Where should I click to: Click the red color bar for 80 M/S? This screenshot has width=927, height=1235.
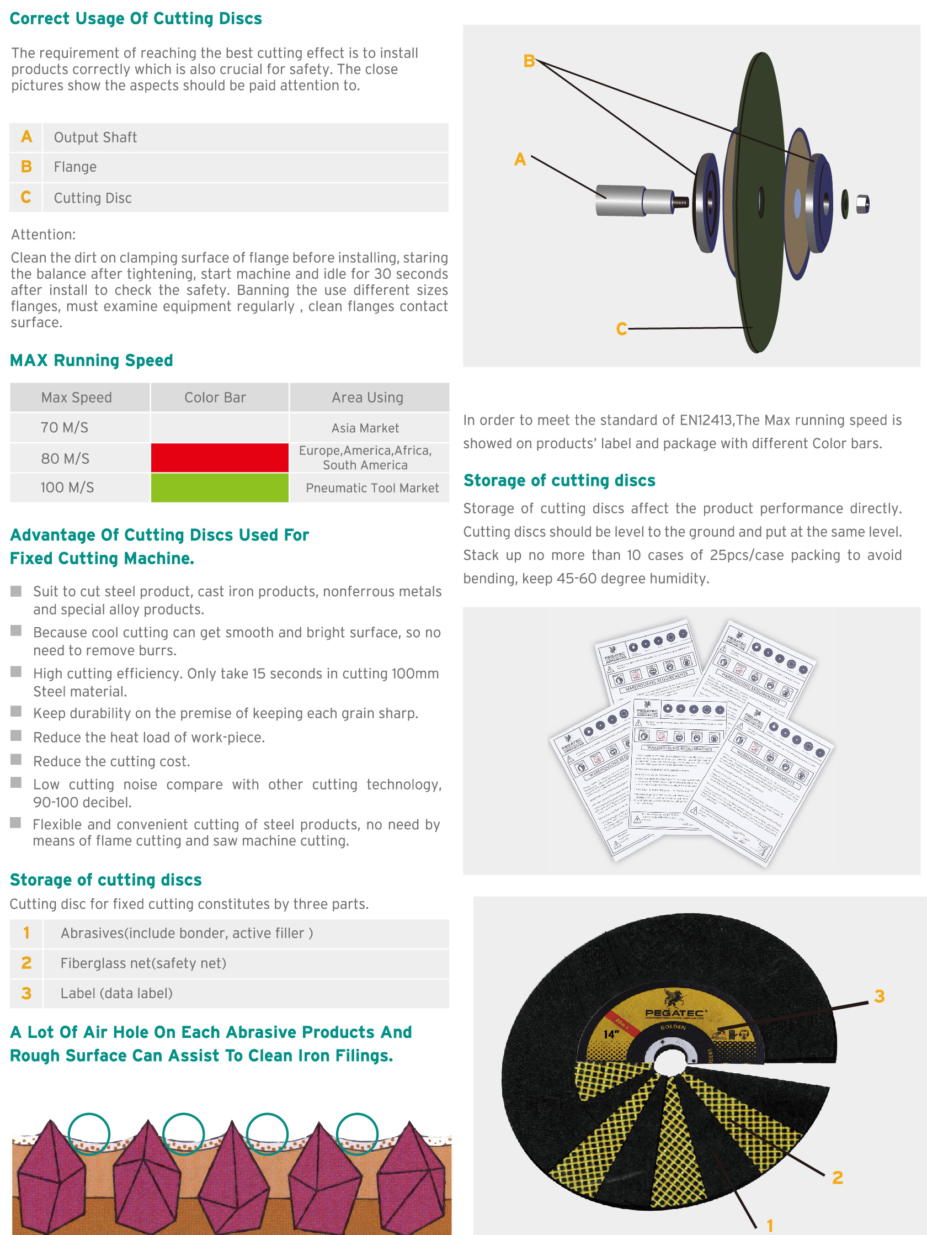pos(219,458)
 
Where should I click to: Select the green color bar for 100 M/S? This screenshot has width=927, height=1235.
pos(219,487)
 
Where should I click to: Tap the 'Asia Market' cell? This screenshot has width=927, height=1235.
pos(365,428)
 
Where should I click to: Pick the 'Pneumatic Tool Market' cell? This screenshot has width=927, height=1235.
pos(372,488)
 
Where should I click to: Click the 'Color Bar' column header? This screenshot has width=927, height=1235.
pos(215,397)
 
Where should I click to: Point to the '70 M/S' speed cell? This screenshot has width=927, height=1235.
pos(64,428)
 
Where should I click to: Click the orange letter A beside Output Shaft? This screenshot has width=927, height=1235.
pos(26,137)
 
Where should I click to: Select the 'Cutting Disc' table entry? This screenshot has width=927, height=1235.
pos(93,198)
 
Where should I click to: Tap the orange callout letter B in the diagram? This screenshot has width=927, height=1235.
pos(529,61)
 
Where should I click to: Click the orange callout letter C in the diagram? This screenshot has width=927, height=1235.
pos(621,329)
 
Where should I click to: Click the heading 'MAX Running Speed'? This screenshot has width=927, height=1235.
pos(92,361)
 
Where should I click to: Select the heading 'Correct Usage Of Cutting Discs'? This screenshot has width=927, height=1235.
pos(136,19)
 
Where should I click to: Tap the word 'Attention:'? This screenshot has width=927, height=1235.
pos(44,235)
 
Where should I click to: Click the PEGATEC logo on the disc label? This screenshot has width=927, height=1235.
pos(675,1005)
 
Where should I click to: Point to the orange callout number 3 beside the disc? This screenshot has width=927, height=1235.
pos(879,997)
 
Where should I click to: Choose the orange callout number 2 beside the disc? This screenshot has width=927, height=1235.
pos(837,1178)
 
